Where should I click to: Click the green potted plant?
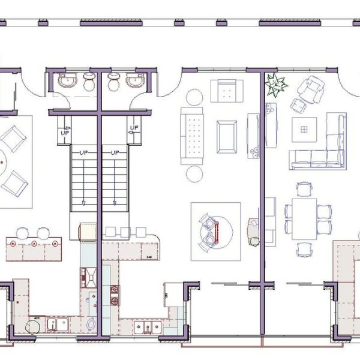tap(275, 85)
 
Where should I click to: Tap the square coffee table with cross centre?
tap(305, 127)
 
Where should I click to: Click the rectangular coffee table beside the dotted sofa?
tap(227, 136)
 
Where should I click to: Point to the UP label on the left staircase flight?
tap(80, 154)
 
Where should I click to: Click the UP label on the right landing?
tap(133, 127)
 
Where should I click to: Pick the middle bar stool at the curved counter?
tap(124, 232)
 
